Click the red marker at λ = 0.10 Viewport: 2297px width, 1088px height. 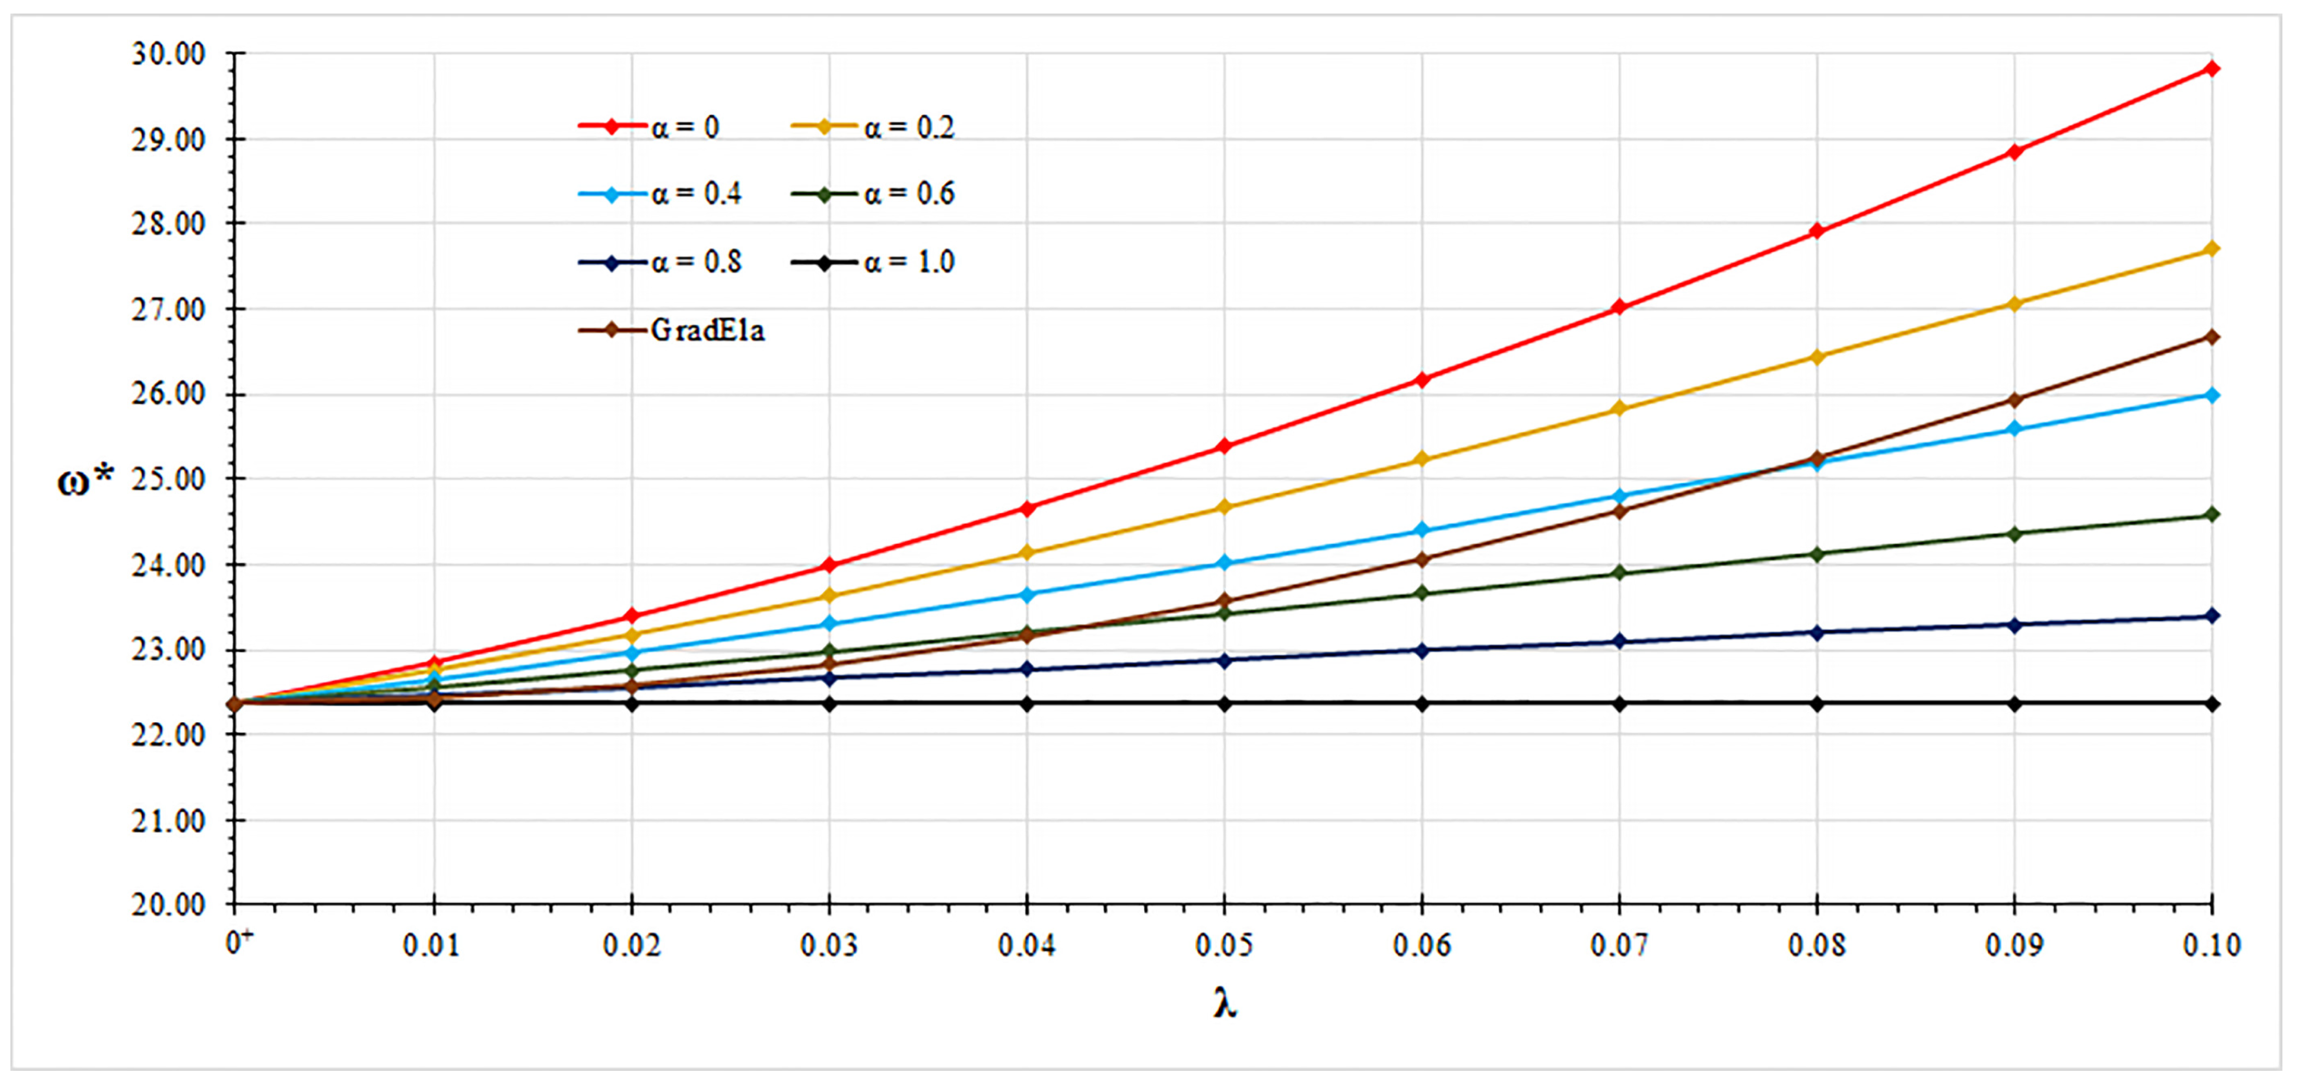click(2212, 69)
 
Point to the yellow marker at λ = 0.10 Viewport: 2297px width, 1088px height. click(2212, 249)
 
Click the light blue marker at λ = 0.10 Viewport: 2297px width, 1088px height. click(2212, 395)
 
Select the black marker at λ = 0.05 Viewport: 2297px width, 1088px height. click(1224, 703)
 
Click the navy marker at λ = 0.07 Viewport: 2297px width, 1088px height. click(1620, 641)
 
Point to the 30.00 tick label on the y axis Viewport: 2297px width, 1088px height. click(168, 54)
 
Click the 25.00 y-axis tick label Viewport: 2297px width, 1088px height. click(168, 479)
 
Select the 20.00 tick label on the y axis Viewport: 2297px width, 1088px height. click(168, 904)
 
